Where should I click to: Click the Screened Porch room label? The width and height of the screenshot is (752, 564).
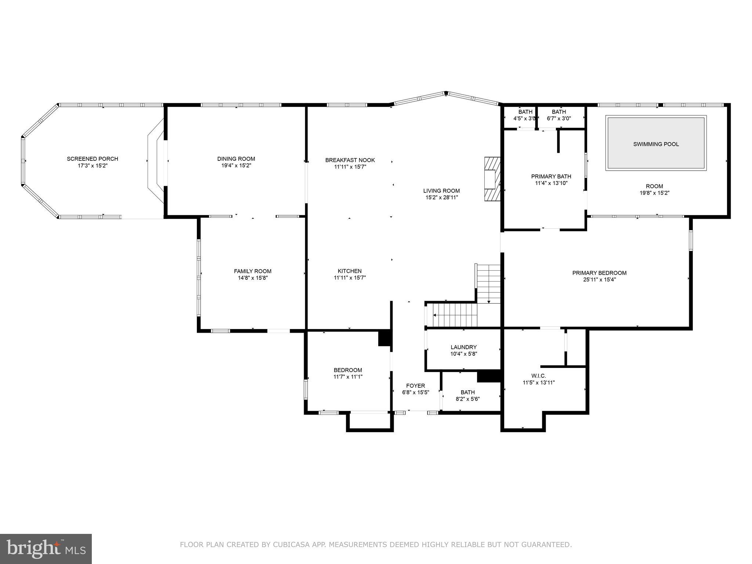click(x=92, y=159)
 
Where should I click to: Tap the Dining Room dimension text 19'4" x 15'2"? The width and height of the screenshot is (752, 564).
click(x=236, y=166)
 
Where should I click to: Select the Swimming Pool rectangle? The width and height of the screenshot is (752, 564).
click(x=656, y=144)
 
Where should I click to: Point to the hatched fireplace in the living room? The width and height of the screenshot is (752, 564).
click(x=492, y=179)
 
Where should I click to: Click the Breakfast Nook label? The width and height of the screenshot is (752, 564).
click(x=350, y=160)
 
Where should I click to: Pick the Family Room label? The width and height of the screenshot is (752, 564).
click(x=253, y=271)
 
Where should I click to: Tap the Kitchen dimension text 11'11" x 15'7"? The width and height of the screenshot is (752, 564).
click(x=350, y=278)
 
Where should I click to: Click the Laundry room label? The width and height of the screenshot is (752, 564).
click(x=463, y=347)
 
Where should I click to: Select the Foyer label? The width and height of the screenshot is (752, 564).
click(x=415, y=386)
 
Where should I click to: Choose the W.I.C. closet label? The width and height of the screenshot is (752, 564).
click(x=539, y=376)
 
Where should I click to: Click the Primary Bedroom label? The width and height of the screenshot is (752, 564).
click(x=599, y=273)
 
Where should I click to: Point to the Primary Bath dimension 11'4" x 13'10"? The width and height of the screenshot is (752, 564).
click(x=551, y=183)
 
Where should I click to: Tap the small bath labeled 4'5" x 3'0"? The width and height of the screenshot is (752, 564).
click(x=525, y=115)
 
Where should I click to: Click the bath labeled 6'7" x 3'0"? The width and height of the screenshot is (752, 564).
click(x=558, y=115)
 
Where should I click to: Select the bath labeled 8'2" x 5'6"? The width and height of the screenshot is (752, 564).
click(x=467, y=395)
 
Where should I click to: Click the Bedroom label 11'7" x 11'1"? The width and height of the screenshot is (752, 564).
click(x=348, y=373)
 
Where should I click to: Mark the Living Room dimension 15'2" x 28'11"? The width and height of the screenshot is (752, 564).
click(x=441, y=198)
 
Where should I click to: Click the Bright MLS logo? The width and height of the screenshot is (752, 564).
click(x=46, y=549)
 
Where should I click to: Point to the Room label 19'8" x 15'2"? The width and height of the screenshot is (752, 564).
click(x=654, y=189)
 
